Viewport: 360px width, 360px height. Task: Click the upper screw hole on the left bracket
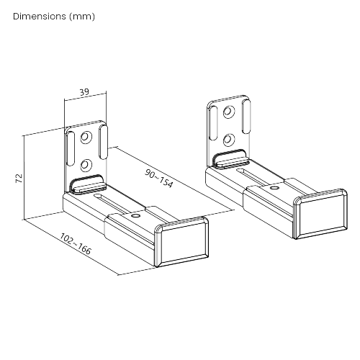coord(86,137)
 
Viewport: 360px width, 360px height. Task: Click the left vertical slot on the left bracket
coord(71,152)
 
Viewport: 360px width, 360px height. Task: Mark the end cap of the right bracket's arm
coord(319,213)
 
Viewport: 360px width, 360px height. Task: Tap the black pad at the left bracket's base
coord(86,182)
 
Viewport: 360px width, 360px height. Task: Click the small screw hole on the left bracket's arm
coord(136,214)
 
